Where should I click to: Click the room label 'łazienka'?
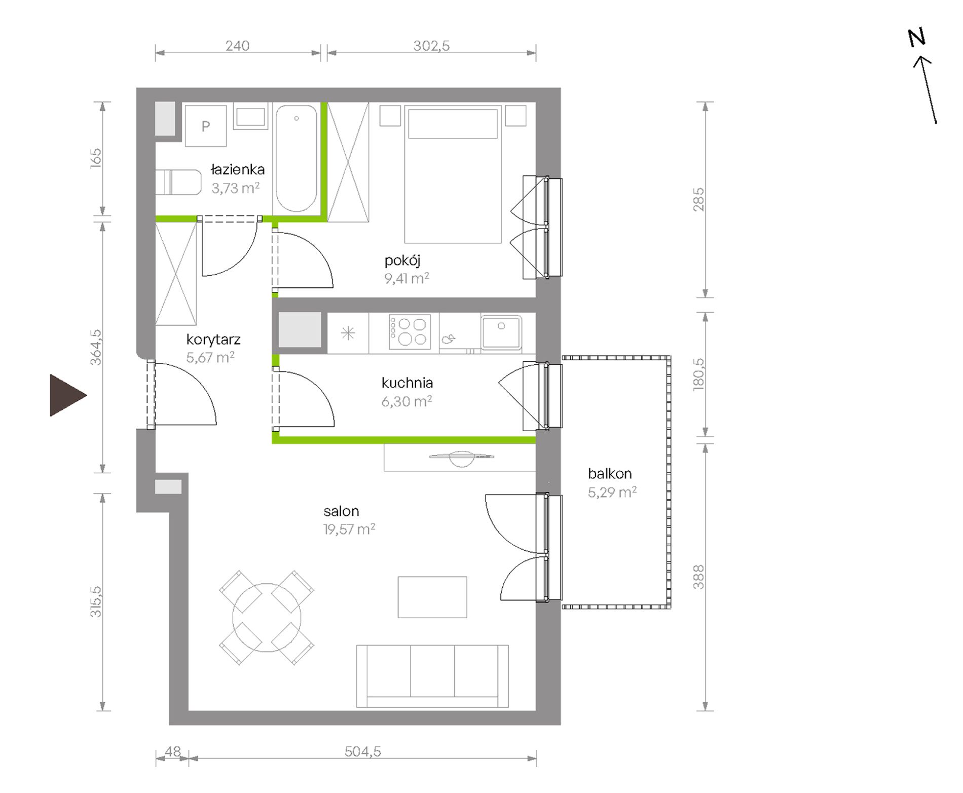237,170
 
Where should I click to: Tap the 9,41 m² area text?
406,278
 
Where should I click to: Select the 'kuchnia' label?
407,383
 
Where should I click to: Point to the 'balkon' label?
610,474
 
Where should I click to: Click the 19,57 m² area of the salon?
349,530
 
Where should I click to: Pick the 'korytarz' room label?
213,340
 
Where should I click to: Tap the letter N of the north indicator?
916,37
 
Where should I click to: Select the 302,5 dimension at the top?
431,46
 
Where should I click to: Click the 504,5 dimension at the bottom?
363,751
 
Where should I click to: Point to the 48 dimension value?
173,751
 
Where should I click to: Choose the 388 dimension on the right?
698,577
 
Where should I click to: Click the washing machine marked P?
205,126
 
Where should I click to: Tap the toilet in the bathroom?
178,182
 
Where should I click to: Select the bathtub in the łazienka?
297,158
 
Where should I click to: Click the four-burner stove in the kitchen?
410,332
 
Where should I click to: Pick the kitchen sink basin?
501,332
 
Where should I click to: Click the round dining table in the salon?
267,618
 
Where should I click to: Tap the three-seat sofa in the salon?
432,676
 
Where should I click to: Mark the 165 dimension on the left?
96,159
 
